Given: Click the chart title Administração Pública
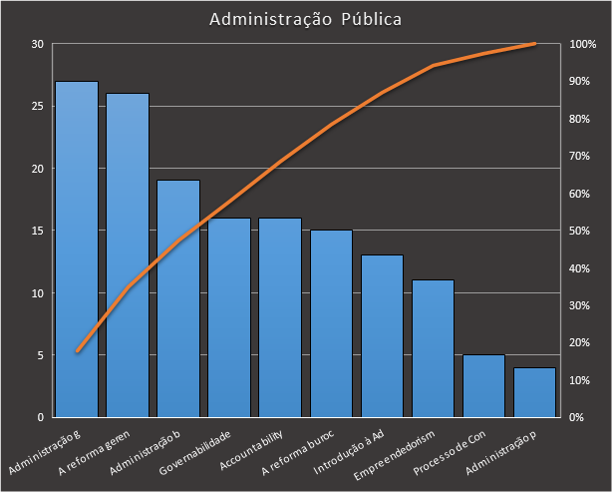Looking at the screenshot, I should [x=306, y=19].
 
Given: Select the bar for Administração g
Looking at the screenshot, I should [x=77, y=249].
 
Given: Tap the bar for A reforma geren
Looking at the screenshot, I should [x=128, y=254].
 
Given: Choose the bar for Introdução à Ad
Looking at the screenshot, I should [x=382, y=335].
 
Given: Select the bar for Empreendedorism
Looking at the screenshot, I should [x=433, y=348].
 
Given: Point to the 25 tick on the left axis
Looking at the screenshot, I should [x=37, y=107].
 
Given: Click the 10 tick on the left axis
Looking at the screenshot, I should [x=37, y=293].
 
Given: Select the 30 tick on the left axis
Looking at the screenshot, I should [x=37, y=45].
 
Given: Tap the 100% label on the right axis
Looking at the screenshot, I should [x=583, y=45].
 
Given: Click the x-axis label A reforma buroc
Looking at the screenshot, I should [x=296, y=453].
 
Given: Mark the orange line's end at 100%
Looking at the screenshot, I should [x=534, y=44].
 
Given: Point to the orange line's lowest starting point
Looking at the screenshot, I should [x=77, y=351].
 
